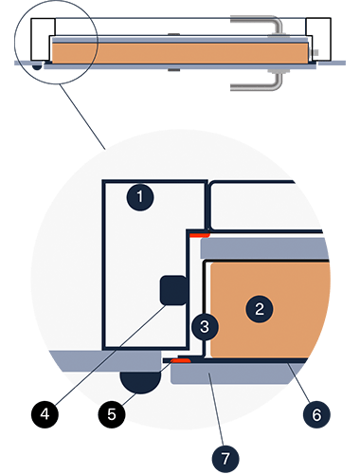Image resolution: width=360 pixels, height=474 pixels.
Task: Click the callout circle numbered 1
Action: click(140, 197)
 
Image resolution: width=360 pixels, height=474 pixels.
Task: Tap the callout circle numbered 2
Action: click(260, 309)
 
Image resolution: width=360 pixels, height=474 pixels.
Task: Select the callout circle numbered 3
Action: click(205, 326)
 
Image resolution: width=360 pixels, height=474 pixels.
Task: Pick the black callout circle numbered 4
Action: click(45, 414)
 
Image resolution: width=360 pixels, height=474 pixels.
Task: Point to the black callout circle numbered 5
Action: click(112, 414)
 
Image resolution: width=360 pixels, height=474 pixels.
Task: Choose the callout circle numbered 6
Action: click(316, 414)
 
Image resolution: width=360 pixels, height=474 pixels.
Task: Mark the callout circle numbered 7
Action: click(225, 459)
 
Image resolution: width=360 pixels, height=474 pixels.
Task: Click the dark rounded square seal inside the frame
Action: click(174, 290)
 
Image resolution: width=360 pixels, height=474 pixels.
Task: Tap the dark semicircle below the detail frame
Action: click(141, 382)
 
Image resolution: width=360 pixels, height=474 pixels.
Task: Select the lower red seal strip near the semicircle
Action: click(181, 360)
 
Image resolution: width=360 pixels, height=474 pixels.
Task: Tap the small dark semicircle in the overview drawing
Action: click(37, 67)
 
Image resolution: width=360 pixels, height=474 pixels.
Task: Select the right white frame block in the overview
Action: click(319, 39)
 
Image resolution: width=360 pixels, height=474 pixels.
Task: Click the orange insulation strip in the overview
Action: click(180, 53)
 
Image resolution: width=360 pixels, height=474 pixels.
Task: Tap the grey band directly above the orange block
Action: click(264, 248)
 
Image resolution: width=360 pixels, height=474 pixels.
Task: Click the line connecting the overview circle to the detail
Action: click(82, 117)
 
